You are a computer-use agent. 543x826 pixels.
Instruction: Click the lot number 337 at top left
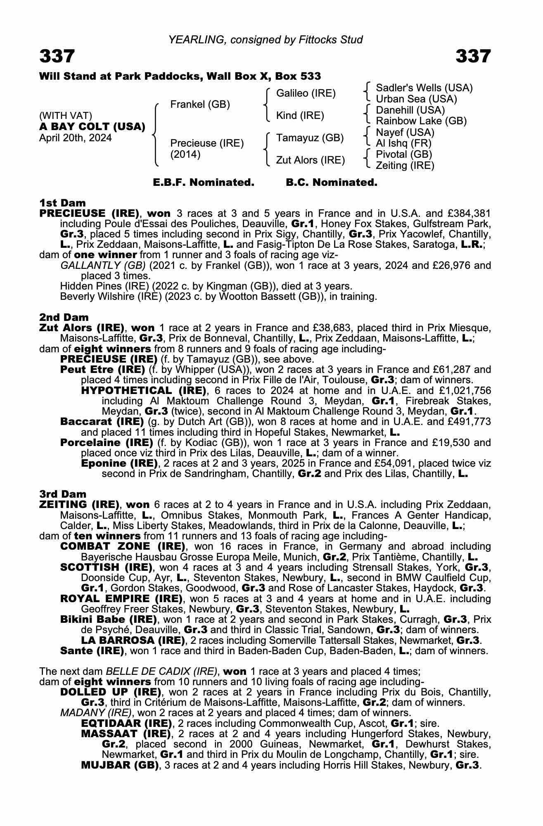point(57,56)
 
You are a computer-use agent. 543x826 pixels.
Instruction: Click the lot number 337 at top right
point(473,56)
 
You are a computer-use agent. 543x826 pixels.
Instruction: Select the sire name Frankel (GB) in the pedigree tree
point(200,104)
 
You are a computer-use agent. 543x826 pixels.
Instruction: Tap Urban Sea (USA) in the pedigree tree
point(416,99)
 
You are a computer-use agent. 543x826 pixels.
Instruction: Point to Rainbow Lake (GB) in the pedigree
point(421,121)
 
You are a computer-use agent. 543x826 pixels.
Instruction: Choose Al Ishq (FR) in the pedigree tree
point(403,143)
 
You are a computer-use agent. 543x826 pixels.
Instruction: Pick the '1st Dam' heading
point(62,203)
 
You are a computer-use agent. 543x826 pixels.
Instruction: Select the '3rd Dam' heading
point(63,494)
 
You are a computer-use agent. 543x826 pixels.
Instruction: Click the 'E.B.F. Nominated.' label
point(204,183)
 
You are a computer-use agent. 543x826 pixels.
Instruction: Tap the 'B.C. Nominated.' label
point(332,183)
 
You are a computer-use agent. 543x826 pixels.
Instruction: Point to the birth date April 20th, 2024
point(75,138)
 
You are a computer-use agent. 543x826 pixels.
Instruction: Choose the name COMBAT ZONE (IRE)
point(122,546)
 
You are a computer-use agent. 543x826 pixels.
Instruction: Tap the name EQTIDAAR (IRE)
point(126,724)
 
